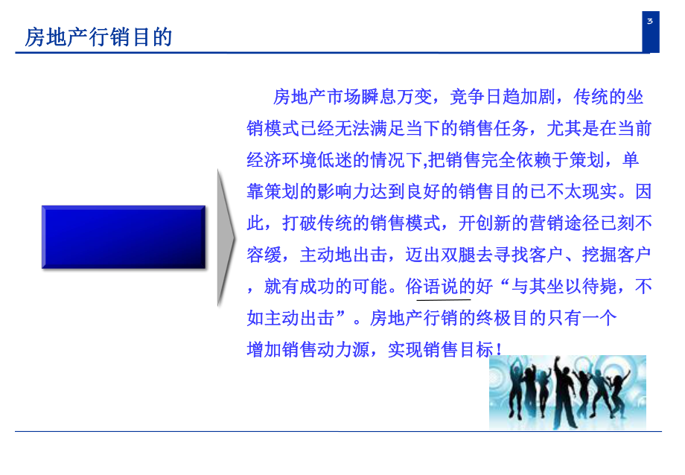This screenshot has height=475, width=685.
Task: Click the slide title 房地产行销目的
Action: [98, 37]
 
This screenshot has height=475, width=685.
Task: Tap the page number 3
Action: [650, 21]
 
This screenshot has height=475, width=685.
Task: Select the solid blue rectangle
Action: [123, 237]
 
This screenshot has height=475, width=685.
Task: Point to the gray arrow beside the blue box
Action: [226, 237]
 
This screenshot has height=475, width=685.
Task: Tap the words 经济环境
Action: [282, 160]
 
